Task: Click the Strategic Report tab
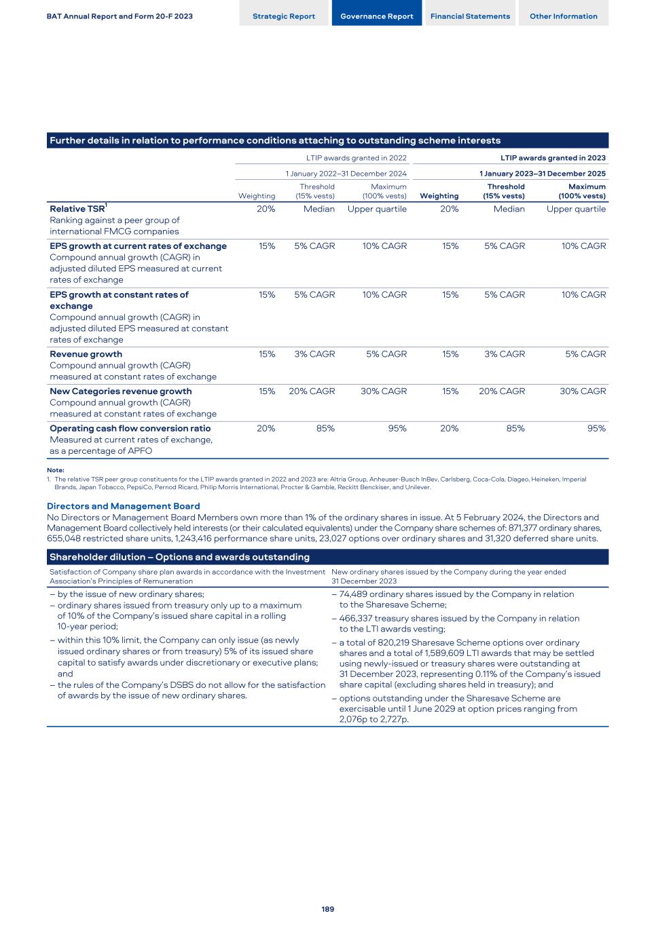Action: click(284, 16)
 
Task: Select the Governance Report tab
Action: click(377, 16)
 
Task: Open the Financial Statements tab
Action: click(470, 16)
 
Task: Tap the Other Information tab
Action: click(564, 16)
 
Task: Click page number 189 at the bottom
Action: click(328, 909)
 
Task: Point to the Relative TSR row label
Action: click(77, 209)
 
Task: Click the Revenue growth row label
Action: click(86, 354)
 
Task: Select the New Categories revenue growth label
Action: click(120, 391)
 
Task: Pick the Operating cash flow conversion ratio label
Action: click(130, 429)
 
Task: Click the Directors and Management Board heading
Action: click(123, 506)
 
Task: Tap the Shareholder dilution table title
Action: click(179, 557)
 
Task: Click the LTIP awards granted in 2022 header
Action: click(357, 158)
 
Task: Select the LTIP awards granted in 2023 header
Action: click(553, 158)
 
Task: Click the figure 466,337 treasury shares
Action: click(355, 619)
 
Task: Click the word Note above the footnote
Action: click(56, 470)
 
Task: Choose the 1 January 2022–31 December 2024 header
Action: click(346, 174)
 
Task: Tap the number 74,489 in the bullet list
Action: click(354, 594)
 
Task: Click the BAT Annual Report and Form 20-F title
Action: click(120, 16)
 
